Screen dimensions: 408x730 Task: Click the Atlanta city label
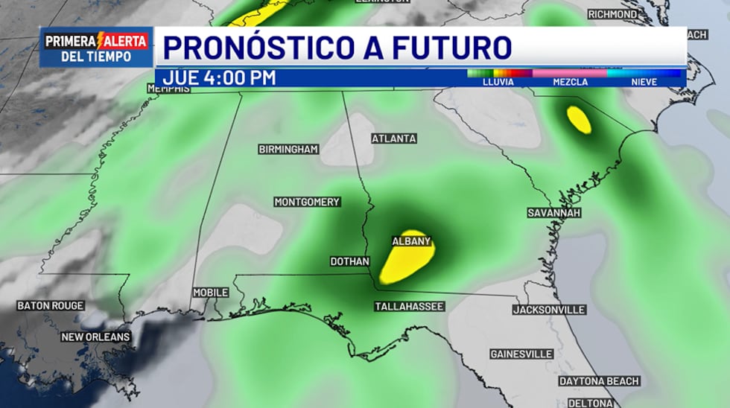point(394,138)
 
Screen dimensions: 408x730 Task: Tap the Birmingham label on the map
point(288,150)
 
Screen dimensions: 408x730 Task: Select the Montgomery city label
point(307,202)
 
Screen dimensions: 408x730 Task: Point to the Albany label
point(411,241)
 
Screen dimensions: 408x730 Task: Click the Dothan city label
point(350,262)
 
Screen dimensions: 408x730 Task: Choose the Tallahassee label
point(409,307)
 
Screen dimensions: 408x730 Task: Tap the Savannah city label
point(553,213)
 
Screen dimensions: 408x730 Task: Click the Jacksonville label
point(549,310)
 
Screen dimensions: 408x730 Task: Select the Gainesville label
point(521,354)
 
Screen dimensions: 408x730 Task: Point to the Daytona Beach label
point(599,381)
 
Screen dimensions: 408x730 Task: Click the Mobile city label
point(211,293)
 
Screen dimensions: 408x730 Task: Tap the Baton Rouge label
point(51,306)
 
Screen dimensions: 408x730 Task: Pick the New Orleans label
point(96,337)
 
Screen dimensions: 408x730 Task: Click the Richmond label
point(612,14)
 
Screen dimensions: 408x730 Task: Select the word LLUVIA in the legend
point(498,82)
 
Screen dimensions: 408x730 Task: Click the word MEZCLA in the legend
point(570,82)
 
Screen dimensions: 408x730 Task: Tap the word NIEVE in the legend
point(644,82)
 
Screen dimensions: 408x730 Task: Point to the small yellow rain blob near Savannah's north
point(579,119)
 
